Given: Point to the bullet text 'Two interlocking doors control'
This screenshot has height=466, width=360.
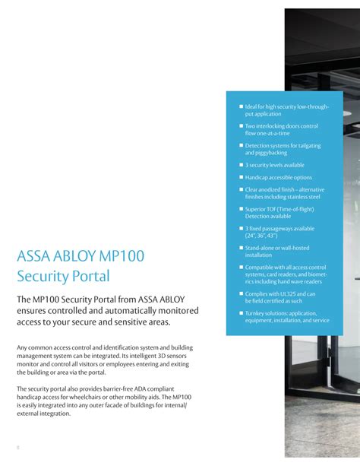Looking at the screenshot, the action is tap(281, 125).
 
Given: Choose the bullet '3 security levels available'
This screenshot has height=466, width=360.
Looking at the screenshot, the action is tap(274, 165).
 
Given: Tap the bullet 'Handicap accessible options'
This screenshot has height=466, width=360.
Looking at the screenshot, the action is tap(278, 177).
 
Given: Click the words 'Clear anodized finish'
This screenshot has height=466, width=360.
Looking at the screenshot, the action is tap(270, 189).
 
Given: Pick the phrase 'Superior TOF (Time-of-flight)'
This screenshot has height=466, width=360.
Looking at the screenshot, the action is tap(279, 209).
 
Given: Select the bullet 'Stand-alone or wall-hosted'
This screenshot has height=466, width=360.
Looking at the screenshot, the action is tap(277, 248).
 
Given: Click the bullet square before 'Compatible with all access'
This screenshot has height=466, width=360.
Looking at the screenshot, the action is tap(241, 268).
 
